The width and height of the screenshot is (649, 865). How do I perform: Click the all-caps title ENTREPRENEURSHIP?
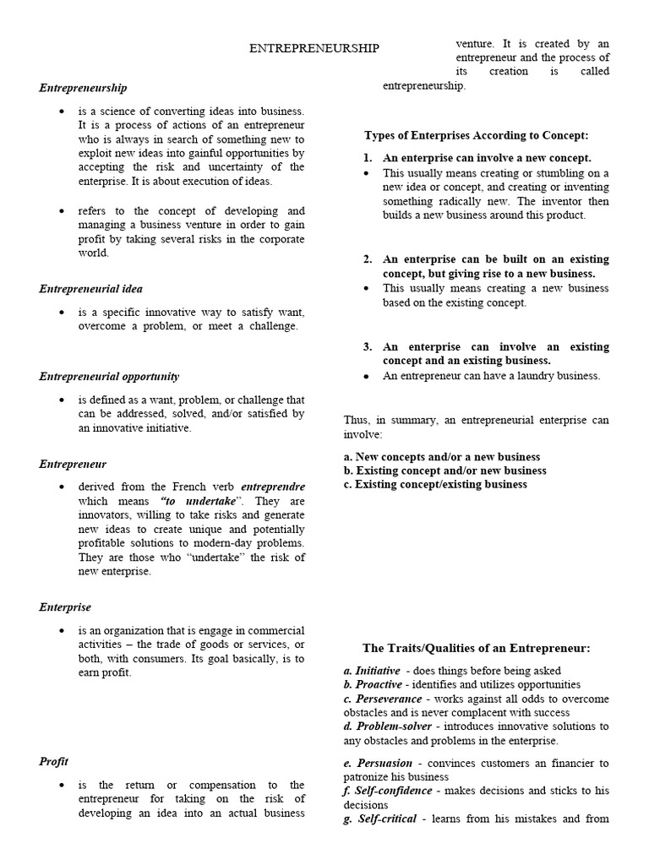(x=314, y=49)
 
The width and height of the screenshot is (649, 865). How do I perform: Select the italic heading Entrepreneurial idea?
(x=90, y=289)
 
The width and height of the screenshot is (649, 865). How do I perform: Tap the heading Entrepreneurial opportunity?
(x=109, y=377)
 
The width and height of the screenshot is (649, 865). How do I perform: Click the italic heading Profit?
(x=53, y=761)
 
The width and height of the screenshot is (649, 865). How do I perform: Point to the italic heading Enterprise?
(x=65, y=607)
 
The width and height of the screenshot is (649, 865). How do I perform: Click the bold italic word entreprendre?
(x=273, y=487)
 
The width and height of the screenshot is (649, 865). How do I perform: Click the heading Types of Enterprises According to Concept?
(x=476, y=135)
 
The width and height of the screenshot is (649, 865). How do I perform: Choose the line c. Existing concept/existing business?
(x=435, y=484)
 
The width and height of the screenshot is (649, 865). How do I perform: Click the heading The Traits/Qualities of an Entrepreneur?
(x=476, y=648)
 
